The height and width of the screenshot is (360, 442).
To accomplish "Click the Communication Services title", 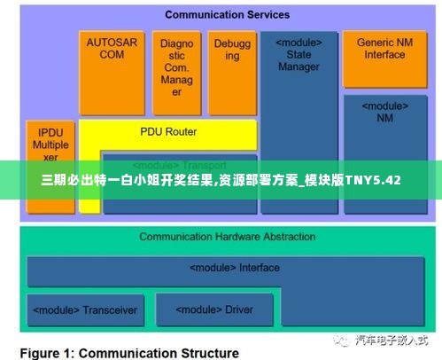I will click(x=227, y=15).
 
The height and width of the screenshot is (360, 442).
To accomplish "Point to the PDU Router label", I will click(x=167, y=132).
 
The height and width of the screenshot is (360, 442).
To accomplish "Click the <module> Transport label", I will click(x=180, y=166).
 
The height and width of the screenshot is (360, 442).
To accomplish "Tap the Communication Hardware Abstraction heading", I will click(x=227, y=237).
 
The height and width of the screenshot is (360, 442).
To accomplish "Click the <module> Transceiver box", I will click(x=85, y=310).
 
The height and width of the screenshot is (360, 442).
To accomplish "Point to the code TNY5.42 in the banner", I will click(x=370, y=180).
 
